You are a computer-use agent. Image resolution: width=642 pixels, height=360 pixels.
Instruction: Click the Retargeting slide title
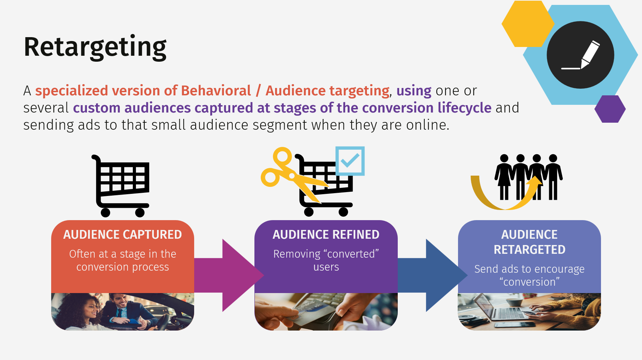coord(95,47)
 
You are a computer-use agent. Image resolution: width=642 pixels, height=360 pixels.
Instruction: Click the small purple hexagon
coord(610,109)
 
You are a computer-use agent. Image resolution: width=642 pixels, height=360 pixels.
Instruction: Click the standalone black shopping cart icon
coord(121,186)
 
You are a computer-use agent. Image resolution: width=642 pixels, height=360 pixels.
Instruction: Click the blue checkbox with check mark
coord(350,161)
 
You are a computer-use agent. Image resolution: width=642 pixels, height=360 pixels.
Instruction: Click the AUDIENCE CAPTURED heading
coord(122,235)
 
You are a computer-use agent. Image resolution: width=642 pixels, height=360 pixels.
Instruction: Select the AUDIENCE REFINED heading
coord(326,235)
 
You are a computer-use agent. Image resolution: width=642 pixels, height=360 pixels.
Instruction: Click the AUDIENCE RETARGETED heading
coord(529,242)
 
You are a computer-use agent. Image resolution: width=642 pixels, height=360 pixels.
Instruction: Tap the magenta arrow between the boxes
coord(228,275)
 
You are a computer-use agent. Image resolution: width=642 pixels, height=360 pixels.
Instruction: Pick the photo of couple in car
coord(122,312)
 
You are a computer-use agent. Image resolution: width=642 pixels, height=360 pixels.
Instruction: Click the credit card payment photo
coord(326,312)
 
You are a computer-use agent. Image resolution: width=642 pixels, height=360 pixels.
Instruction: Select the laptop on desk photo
coord(529,312)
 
